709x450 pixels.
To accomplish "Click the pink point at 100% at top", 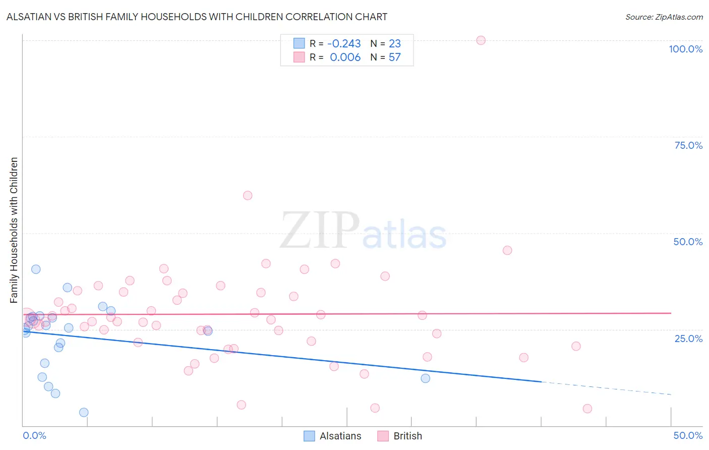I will click(481, 40).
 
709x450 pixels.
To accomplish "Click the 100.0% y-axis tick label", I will click(685, 49).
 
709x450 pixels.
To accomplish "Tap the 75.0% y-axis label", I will click(688, 145).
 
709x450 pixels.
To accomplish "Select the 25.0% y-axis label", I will click(688, 339).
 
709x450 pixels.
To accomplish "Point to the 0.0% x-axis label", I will click(34, 435).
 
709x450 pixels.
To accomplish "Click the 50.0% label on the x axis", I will click(688, 435).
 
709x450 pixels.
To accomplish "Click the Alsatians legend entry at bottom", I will click(333, 436).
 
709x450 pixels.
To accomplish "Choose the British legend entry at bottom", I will click(400, 436).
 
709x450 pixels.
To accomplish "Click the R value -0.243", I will click(344, 44).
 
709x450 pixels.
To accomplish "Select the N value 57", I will click(394, 58).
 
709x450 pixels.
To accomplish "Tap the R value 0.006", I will click(345, 58).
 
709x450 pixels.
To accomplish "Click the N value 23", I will click(394, 44).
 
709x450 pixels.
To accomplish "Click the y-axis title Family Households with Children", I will click(14, 230).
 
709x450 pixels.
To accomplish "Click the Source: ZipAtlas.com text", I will click(664, 17).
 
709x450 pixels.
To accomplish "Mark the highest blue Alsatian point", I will click(36, 269).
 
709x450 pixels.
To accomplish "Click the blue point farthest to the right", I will click(425, 378).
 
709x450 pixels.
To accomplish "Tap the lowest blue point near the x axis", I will click(84, 412).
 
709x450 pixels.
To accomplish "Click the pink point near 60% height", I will click(247, 195).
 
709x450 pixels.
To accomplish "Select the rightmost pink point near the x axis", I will click(587, 409).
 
